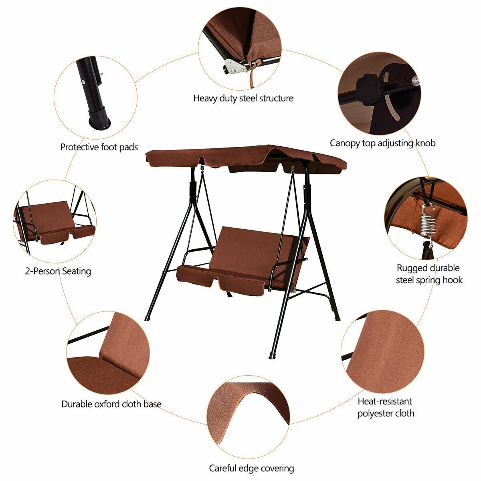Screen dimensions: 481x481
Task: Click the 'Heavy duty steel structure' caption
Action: pos(243,98)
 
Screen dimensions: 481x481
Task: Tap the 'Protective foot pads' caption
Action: pos(99,147)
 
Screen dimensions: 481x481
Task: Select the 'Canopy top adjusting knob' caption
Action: pos(382,143)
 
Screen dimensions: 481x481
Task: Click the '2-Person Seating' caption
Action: pos(58,271)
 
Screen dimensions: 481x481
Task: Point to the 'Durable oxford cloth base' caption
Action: pos(111,404)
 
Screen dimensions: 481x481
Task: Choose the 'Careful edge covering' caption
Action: pos(251,468)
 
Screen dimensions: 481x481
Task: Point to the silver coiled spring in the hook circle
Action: pos(427,226)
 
